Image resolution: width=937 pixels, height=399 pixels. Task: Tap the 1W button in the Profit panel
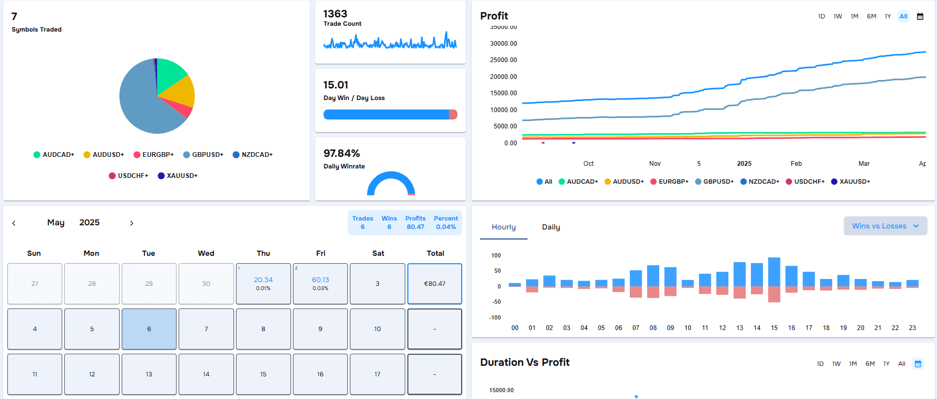click(x=837, y=16)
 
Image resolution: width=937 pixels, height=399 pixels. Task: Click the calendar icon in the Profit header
click(x=920, y=16)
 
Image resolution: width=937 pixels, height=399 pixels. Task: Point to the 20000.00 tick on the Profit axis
click(x=503, y=77)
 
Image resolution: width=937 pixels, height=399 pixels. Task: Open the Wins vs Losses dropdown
click(x=885, y=226)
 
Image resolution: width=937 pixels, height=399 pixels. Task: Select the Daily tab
click(x=551, y=227)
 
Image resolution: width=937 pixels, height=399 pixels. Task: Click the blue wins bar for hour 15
click(x=774, y=272)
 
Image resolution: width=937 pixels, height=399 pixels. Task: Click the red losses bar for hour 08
click(x=653, y=292)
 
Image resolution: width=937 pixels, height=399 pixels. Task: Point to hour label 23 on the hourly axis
click(x=912, y=328)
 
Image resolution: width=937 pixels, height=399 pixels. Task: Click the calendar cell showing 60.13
click(x=320, y=283)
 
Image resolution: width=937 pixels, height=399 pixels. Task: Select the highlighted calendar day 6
click(x=149, y=329)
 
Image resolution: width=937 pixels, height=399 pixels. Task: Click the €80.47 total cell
click(x=435, y=284)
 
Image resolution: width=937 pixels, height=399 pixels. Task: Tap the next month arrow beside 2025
click(x=132, y=223)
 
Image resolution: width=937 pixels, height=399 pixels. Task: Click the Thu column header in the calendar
click(x=263, y=253)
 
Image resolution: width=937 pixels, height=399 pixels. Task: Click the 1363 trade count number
click(x=335, y=14)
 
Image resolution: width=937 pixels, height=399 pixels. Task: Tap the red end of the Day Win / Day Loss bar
click(x=453, y=115)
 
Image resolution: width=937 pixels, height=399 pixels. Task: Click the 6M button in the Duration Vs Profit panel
click(x=870, y=364)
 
